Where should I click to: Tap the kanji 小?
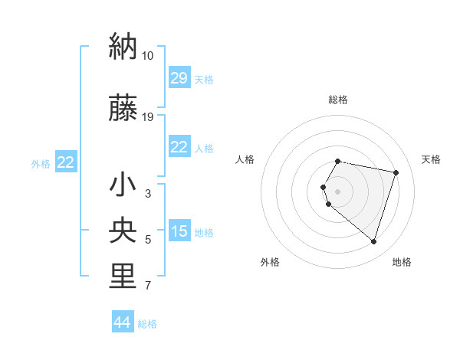click(123, 185)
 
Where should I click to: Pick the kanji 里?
click(123, 277)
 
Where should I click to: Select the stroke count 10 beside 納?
click(147, 56)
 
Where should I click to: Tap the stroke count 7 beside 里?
click(148, 286)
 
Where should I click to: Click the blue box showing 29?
click(179, 79)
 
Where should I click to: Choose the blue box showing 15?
click(179, 231)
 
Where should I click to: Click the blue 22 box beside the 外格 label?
click(65, 162)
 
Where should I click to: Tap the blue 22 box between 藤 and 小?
click(179, 148)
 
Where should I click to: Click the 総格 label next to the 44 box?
click(147, 324)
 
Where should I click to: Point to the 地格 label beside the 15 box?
click(204, 233)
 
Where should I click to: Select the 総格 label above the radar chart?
click(338, 100)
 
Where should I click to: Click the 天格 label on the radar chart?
click(431, 159)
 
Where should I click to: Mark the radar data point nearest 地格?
click(373, 242)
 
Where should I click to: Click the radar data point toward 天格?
click(396, 172)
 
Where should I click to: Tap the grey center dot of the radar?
click(338, 191)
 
